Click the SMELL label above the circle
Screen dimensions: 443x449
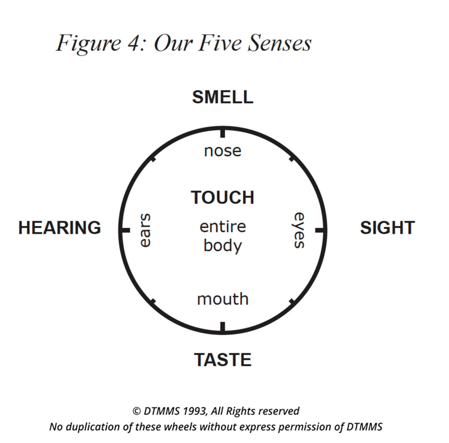[223, 97]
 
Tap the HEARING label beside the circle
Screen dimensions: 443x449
[60, 228]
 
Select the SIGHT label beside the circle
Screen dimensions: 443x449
[387, 228]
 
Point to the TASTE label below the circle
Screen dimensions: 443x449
[223, 360]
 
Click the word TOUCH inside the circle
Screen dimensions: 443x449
[223, 198]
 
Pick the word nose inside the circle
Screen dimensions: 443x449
[223, 151]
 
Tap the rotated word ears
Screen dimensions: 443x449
[145, 230]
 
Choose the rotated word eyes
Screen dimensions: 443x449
[299, 230]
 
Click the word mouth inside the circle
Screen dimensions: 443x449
[223, 299]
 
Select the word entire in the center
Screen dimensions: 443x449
[223, 227]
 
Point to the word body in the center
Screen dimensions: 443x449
[223, 246]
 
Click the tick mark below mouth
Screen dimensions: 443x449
[223, 327]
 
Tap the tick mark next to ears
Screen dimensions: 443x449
[125, 230]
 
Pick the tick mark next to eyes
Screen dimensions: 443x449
[321, 230]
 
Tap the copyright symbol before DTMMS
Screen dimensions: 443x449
[136, 411]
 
